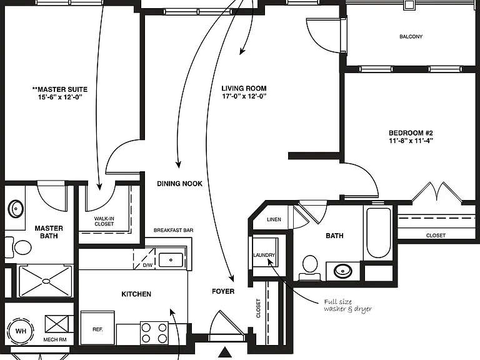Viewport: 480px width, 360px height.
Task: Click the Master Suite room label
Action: pos(60,89)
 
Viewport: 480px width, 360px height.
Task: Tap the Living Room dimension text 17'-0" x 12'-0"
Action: pos(244,96)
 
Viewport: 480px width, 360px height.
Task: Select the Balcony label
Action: pos(411,37)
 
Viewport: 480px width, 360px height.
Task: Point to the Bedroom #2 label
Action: pos(411,133)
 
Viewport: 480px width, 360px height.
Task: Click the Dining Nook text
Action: pos(180,184)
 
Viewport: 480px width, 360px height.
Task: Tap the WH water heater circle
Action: pos(21,331)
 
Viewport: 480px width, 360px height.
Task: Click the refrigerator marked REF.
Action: pos(97,328)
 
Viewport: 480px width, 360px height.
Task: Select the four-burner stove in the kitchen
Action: pos(154,333)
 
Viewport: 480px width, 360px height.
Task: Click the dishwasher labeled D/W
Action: pos(144,259)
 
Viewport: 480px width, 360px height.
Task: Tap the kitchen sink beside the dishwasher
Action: pos(171,260)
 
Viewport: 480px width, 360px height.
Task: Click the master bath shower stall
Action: pos(46,281)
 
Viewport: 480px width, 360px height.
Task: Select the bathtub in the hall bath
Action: pos(379,233)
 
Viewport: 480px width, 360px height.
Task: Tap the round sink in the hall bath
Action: pos(343,271)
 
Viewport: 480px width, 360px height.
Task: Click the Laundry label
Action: pos(264,255)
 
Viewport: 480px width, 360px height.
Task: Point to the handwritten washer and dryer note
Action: pos(347,306)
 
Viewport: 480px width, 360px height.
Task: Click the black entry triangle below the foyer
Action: pos(226,352)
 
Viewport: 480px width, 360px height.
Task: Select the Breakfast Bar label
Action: pos(174,230)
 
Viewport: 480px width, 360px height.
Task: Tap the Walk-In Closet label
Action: pos(104,221)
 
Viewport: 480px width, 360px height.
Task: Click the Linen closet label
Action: pos(274,219)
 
